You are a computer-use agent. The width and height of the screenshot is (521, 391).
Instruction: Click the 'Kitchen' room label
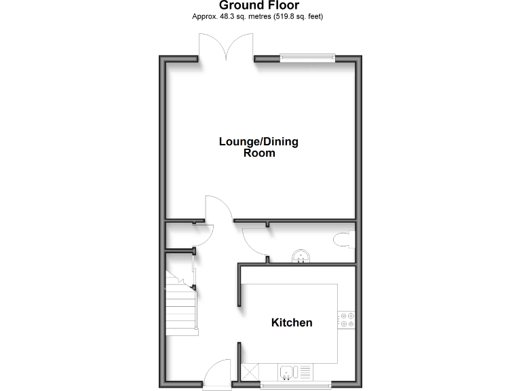click(x=292, y=322)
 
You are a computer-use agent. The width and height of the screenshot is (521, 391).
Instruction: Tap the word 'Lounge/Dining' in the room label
click(x=258, y=142)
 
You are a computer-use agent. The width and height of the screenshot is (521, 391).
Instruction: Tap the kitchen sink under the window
click(x=288, y=371)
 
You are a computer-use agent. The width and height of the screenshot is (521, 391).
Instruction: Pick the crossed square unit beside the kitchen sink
click(x=251, y=372)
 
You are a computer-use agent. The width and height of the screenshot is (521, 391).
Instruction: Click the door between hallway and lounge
click(x=218, y=208)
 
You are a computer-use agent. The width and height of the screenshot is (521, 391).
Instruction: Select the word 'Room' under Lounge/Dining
click(x=259, y=153)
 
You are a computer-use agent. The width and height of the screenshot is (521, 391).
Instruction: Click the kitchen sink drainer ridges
click(x=305, y=371)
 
